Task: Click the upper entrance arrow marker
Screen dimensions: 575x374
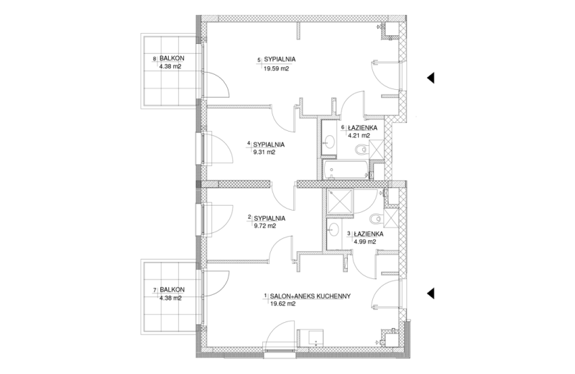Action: [431, 78]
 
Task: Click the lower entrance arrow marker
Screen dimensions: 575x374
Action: [431, 293]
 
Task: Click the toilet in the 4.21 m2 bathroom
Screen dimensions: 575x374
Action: [362, 150]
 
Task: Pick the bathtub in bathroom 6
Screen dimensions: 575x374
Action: [345, 170]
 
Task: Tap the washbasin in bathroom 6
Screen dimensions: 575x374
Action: [329, 140]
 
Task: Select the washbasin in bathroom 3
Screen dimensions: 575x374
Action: [333, 229]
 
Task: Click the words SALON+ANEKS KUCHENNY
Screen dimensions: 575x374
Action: [310, 296]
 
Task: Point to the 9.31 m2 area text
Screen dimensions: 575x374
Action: [264, 152]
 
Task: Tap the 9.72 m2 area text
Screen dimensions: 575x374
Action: [264, 226]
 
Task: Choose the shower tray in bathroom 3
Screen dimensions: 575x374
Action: [340, 201]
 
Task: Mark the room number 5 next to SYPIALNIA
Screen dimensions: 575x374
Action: [259, 59]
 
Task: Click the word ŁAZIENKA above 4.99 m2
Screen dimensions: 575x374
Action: [369, 234]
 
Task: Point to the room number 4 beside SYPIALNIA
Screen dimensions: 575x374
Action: [249, 143]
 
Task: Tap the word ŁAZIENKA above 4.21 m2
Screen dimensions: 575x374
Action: [363, 128]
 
